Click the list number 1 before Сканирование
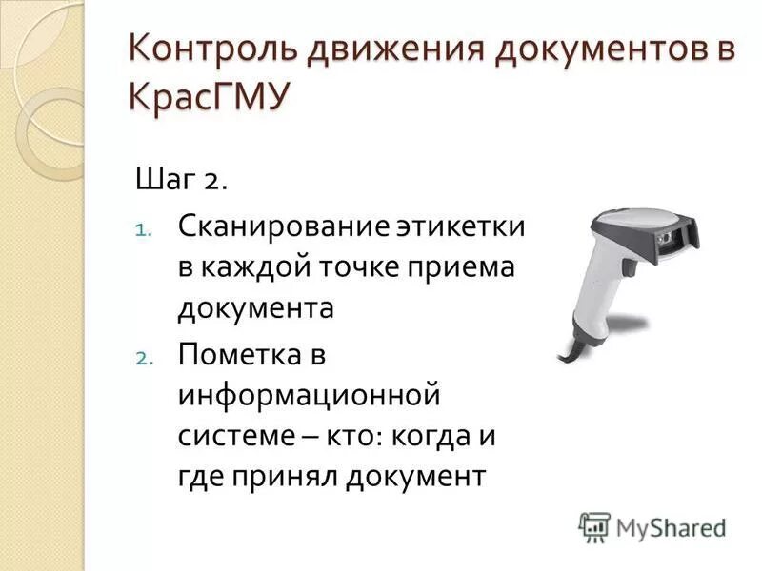(x=140, y=229)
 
